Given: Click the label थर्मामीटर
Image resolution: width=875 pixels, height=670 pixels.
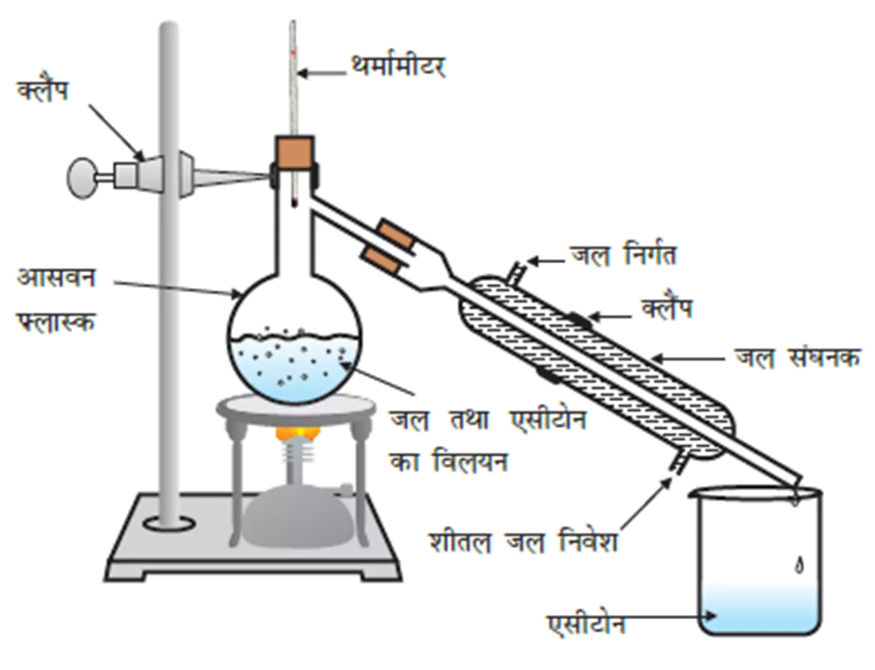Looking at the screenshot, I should pos(399,68).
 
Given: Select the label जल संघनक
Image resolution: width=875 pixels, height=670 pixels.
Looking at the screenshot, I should pos(797,357).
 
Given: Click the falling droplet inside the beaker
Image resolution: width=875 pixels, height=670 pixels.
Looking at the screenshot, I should pos(799,566).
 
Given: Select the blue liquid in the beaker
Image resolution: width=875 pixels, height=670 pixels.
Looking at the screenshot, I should pos(761,609).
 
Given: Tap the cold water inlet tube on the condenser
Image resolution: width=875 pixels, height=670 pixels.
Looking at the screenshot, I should pos(680,462).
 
